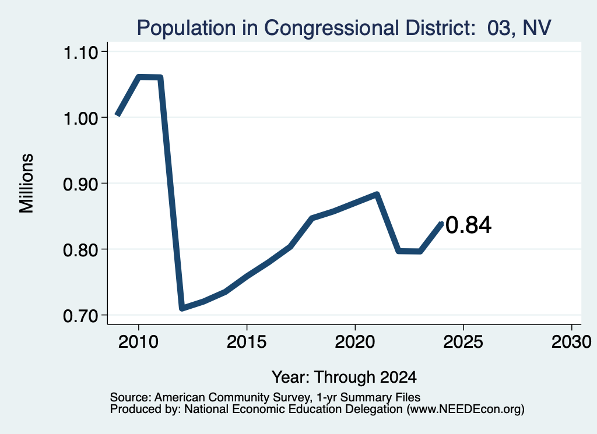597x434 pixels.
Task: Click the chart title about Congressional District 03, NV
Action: pyautogui.click(x=344, y=28)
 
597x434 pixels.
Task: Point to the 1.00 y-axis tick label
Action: pyautogui.click(x=80, y=118)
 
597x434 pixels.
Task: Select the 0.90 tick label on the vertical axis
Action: pyautogui.click(x=80, y=184)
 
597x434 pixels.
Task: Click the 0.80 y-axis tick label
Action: pyautogui.click(x=80, y=250)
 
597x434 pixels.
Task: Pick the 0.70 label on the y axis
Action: pyautogui.click(x=80, y=316)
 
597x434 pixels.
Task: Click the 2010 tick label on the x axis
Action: pyautogui.click(x=138, y=342)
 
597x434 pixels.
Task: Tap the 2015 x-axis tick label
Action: pyautogui.click(x=247, y=342)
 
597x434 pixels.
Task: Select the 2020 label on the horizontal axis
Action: pyautogui.click(x=355, y=342)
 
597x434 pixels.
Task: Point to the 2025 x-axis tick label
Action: pyautogui.click(x=463, y=342)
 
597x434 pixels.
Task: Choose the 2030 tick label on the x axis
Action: pyautogui.click(x=571, y=342)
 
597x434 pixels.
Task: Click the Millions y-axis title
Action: pyautogui.click(x=26, y=184)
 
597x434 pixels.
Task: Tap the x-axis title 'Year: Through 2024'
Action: pyautogui.click(x=344, y=377)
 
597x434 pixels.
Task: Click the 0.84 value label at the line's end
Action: pyautogui.click(x=468, y=225)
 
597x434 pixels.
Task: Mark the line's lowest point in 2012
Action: pyautogui.click(x=182, y=308)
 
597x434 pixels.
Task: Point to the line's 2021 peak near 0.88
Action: pyautogui.click(x=377, y=195)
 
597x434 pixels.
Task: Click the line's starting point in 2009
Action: pyautogui.click(x=117, y=115)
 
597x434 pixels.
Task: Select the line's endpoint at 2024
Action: pyautogui.click(x=442, y=223)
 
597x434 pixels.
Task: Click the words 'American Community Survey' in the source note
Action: pyautogui.click(x=232, y=397)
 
